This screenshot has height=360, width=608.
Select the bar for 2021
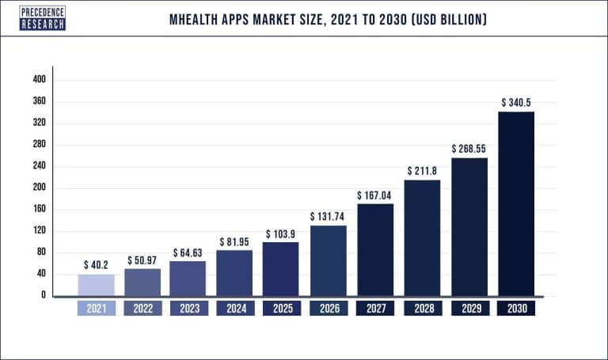coord(96,285)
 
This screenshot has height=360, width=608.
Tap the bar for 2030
coord(516,203)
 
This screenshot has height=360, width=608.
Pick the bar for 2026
coord(329,260)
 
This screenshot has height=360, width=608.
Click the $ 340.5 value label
coord(516,103)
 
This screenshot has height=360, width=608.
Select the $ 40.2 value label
coord(96,265)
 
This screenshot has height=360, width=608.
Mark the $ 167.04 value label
coord(375,195)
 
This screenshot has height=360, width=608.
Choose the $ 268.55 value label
coord(469,148)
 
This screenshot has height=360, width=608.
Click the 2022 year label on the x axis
coord(142,309)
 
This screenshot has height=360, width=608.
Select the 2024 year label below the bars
coord(235,309)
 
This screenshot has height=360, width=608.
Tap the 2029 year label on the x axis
coord(469,309)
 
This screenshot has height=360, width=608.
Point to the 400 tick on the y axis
coord(40,80)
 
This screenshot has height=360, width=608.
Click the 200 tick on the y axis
coord(40,188)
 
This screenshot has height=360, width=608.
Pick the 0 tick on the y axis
coord(44,296)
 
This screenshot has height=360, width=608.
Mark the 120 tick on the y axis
coord(40,231)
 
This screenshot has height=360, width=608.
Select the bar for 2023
coord(188,278)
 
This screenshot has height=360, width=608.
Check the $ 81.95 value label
coord(235,241)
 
